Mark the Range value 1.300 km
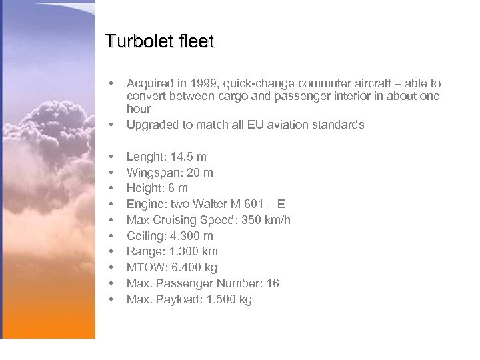tap(194, 251)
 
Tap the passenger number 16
tap(273, 283)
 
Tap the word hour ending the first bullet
tap(139, 109)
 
